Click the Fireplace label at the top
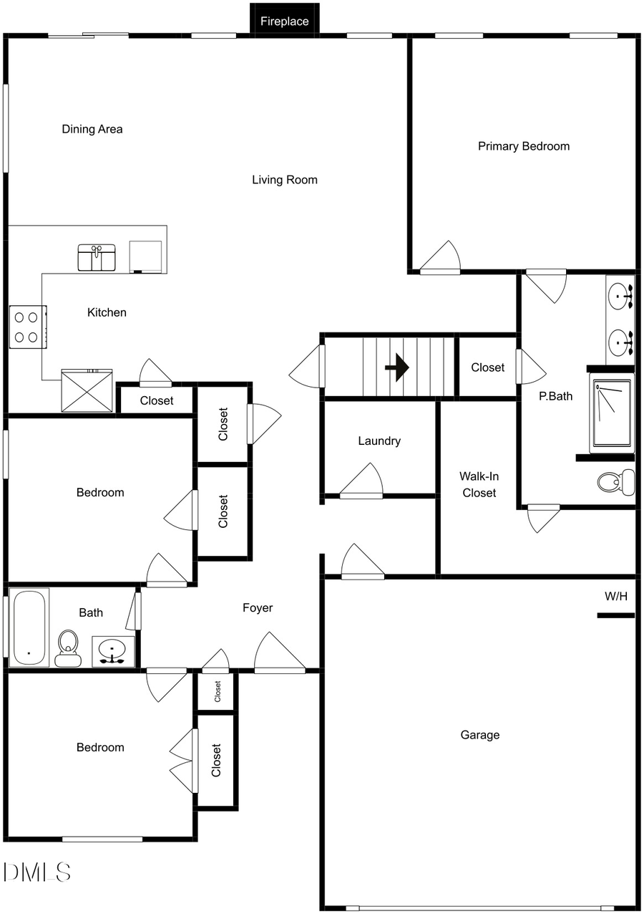point(284,21)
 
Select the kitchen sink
point(97,258)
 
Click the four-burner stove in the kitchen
point(28,327)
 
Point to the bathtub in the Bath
point(29,627)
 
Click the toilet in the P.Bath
point(616,482)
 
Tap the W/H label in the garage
point(618,595)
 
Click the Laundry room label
point(379,441)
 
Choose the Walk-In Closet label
point(479,484)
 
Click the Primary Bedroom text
point(524,146)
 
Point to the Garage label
point(479,735)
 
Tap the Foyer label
point(258,608)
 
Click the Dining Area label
point(92,130)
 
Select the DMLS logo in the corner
point(37,872)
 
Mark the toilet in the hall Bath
point(68,648)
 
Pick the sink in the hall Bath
point(112,651)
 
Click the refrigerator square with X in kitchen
point(87,391)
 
